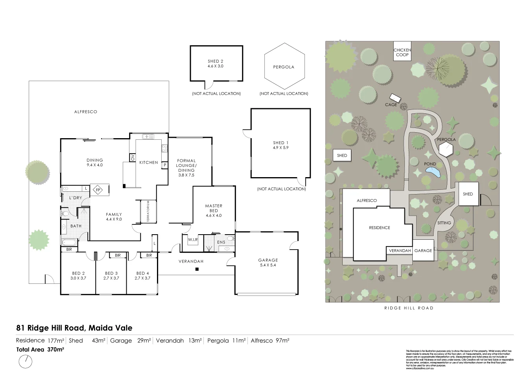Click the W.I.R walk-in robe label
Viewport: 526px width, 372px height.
[x=192, y=239]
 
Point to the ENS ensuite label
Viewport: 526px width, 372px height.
[x=221, y=242]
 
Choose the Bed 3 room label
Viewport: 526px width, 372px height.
[x=111, y=276]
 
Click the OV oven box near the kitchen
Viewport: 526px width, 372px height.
[x=132, y=158]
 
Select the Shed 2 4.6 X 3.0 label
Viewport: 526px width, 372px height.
[x=215, y=64]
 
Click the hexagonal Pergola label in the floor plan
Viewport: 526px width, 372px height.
[x=284, y=67]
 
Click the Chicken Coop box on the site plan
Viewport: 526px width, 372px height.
[x=402, y=52]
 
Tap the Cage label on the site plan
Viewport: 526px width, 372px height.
[x=391, y=105]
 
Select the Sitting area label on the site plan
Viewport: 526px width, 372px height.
[x=444, y=223]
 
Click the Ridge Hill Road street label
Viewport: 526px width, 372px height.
[x=409, y=308]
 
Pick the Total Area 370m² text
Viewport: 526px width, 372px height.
[x=40, y=349]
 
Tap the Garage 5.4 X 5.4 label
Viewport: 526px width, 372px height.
[x=268, y=263]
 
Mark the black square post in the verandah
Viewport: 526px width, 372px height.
[x=197, y=270]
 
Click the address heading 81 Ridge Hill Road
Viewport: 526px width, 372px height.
[x=74, y=328]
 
